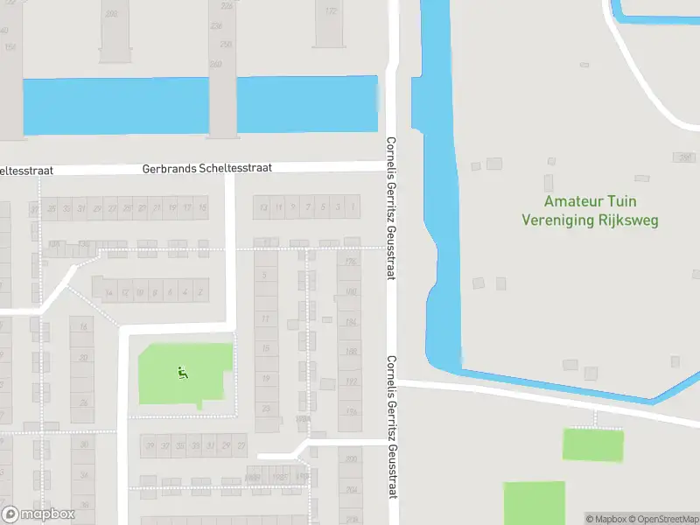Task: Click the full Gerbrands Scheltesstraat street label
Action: pyautogui.click(x=207, y=167)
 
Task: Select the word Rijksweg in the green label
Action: pyautogui.click(x=626, y=220)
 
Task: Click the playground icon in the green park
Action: pyautogui.click(x=183, y=373)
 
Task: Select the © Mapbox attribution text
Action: pyautogui.click(x=605, y=519)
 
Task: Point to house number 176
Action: pyautogui.click(x=351, y=262)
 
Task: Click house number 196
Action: pyautogui.click(x=351, y=412)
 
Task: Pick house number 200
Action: pyautogui.click(x=351, y=458)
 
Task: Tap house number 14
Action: pyautogui.click(x=108, y=292)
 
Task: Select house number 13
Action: pyautogui.click(x=262, y=207)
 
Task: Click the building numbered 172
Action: pyautogui.click(x=330, y=11)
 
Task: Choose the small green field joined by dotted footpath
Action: pyautogui.click(x=593, y=444)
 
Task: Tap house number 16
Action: pyautogui.click(x=84, y=326)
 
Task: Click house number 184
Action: pyautogui.click(x=351, y=322)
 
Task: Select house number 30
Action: pyautogui.click(x=84, y=444)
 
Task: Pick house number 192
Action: pyautogui.click(x=351, y=381)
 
